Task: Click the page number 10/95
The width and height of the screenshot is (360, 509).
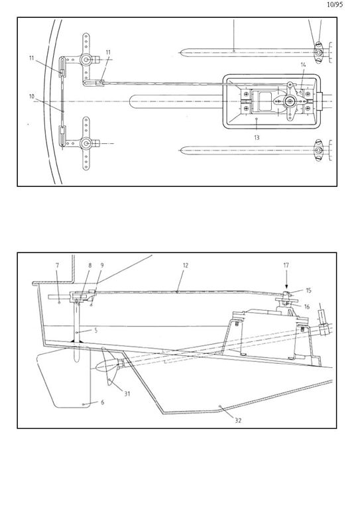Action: (335, 5)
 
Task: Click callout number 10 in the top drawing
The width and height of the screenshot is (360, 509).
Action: (31, 96)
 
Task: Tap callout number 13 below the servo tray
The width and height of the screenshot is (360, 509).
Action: (257, 138)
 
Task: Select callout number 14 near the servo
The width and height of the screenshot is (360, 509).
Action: (303, 65)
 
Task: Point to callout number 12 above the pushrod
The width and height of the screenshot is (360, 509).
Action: (186, 265)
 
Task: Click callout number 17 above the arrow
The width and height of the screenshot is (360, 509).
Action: (286, 265)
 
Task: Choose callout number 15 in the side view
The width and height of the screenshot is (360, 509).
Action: (308, 290)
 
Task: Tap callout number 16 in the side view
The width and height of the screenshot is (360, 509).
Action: (307, 307)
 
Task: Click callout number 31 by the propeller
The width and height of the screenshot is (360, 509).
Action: (127, 394)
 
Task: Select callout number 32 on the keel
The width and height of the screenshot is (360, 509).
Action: (238, 420)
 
